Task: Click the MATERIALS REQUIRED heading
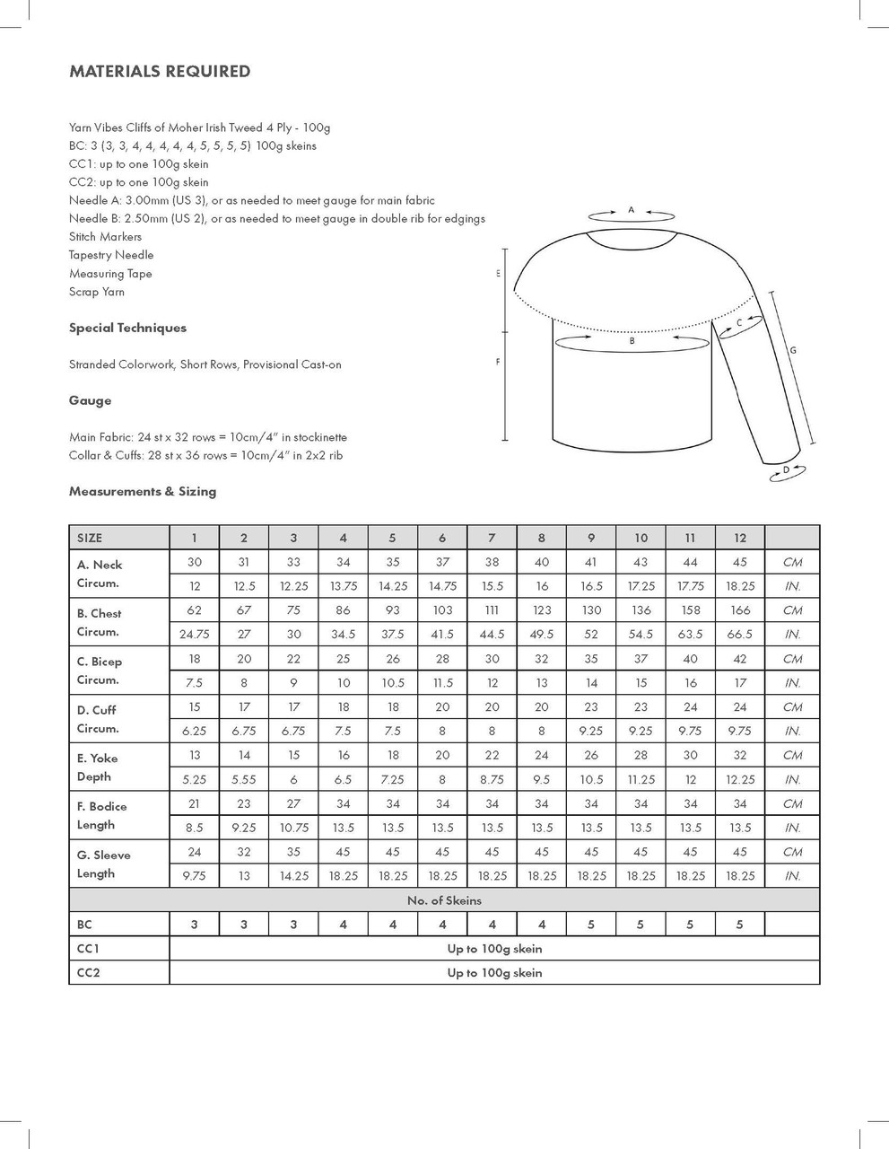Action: click(x=160, y=72)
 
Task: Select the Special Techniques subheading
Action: click(x=127, y=328)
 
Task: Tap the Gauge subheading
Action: click(x=90, y=400)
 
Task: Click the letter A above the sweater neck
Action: click(x=631, y=210)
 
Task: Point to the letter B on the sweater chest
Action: click(x=632, y=341)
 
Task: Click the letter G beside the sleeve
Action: click(x=793, y=350)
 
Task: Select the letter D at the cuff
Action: click(x=786, y=469)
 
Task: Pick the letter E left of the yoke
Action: click(x=498, y=274)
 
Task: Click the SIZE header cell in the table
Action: click(x=90, y=538)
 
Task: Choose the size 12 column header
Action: click(x=739, y=538)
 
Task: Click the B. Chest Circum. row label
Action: click(x=99, y=622)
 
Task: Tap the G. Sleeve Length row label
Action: click(x=103, y=864)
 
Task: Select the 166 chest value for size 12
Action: click(x=739, y=610)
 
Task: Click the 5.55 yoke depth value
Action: click(x=244, y=779)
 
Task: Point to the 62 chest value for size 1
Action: click(x=195, y=610)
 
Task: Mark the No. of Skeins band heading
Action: click(x=444, y=900)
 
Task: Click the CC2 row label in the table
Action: click(x=89, y=972)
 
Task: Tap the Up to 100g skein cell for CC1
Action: click(x=494, y=948)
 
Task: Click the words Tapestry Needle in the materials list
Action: click(x=111, y=255)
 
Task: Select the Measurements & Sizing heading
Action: click(x=143, y=491)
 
